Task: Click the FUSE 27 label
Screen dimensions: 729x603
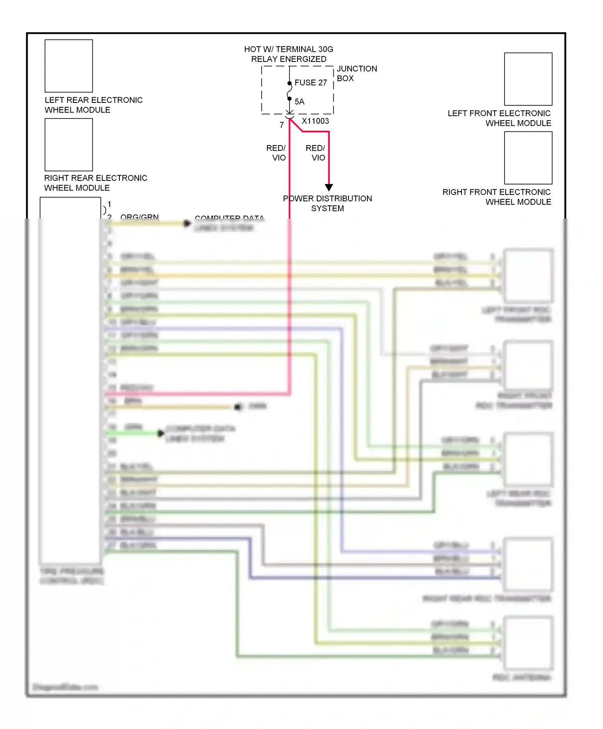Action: (x=310, y=82)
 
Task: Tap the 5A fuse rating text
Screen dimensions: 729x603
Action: (x=299, y=102)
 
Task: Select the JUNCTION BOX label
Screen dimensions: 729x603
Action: (x=357, y=74)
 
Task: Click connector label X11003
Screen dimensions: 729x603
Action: (x=315, y=121)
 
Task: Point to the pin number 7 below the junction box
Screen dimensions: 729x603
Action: (x=282, y=125)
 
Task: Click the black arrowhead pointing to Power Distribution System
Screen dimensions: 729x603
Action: (x=329, y=187)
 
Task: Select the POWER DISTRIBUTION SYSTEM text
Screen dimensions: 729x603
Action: (x=327, y=203)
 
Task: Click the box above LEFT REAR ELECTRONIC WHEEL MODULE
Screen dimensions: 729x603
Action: (x=69, y=66)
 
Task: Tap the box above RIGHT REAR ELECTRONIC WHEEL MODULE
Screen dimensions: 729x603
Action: (x=69, y=145)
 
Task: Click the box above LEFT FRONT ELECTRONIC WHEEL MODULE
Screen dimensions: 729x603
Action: (x=528, y=79)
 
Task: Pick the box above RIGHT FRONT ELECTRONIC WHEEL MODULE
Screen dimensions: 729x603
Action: (x=528, y=158)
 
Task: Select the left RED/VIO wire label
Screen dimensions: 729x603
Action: (x=276, y=153)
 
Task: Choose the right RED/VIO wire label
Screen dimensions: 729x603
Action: (x=316, y=153)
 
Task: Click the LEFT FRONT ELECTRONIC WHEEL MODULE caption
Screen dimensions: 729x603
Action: (x=499, y=118)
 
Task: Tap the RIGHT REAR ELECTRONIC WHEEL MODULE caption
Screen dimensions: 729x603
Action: (x=95, y=183)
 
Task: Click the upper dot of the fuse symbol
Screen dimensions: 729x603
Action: (x=289, y=84)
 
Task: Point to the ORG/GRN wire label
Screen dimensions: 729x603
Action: (x=139, y=217)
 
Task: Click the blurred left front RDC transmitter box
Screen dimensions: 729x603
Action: (x=528, y=276)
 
